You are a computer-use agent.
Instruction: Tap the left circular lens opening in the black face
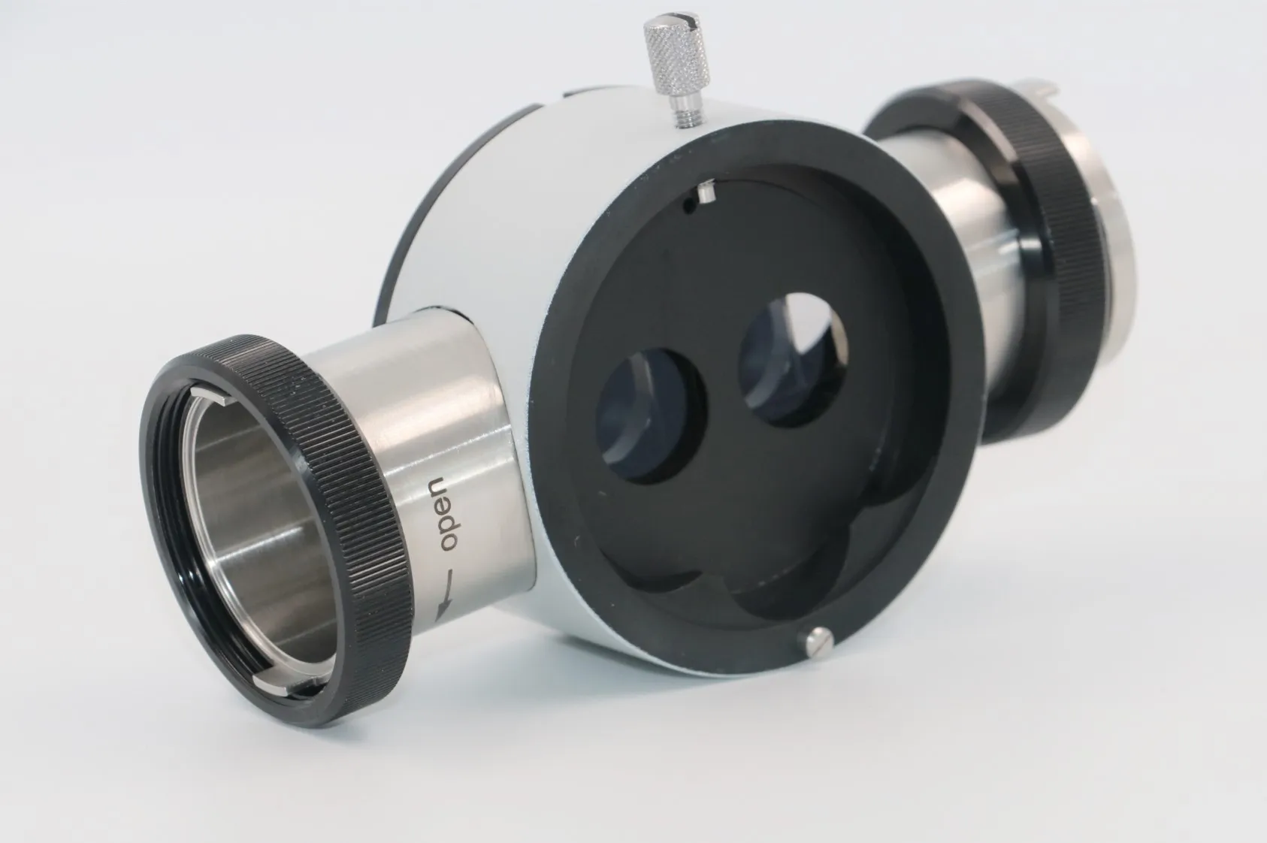click(649, 414)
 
